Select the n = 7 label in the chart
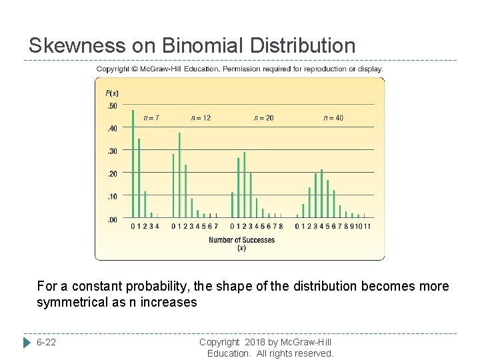tap(151, 118)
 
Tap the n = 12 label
tap(201, 118)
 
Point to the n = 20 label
tap(264, 118)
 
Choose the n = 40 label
tap(333, 118)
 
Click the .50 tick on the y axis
tap(112, 106)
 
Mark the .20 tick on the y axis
tap(112, 173)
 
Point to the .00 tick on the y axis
tap(112, 219)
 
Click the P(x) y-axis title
tap(112, 93)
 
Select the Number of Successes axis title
tap(241, 240)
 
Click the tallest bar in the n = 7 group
tap(133, 163)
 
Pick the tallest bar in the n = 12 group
tap(179, 175)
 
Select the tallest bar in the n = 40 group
tap(321, 193)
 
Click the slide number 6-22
tap(47, 342)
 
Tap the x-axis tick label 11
tap(367, 227)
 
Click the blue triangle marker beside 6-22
tap(27, 342)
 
